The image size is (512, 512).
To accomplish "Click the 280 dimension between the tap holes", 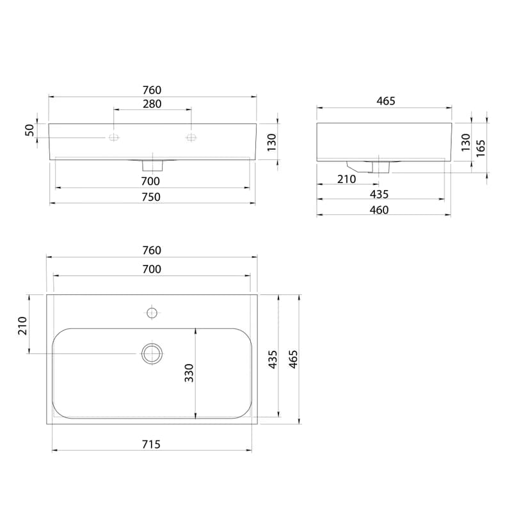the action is [152, 104].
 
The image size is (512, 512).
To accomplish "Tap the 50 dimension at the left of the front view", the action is [29, 130].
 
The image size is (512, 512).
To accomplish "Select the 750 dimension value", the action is [151, 197].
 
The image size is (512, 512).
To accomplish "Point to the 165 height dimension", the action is [481, 148].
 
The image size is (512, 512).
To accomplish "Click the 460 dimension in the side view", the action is [379, 210].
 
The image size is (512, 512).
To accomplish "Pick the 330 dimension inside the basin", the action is [189, 373].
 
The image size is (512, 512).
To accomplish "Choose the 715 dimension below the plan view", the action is [151, 444].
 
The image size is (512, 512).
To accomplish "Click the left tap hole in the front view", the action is [114, 138].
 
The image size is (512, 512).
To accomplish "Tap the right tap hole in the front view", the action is [191, 138].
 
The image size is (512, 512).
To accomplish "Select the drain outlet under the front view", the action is [152, 165].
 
